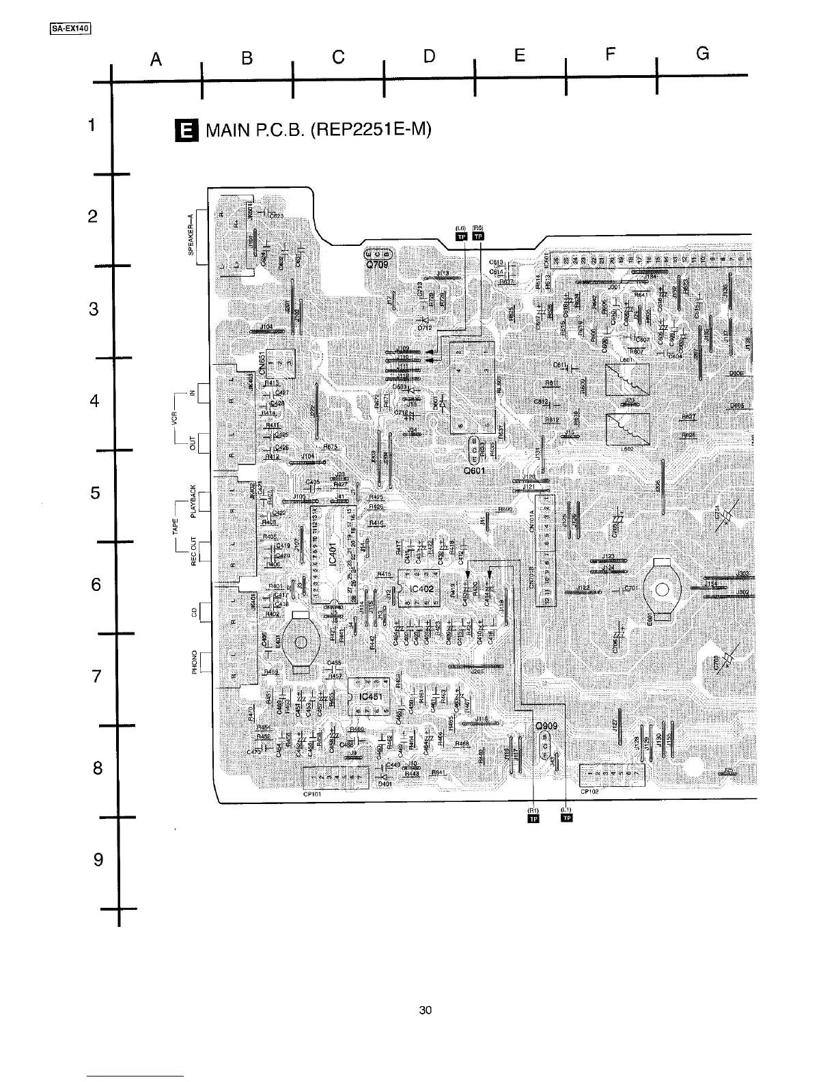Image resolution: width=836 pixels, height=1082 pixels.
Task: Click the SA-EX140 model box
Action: coord(71,28)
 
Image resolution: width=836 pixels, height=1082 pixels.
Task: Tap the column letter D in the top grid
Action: coord(429,56)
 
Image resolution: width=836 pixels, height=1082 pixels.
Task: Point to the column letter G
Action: coord(703,54)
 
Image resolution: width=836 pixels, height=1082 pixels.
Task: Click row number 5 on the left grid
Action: coord(95,493)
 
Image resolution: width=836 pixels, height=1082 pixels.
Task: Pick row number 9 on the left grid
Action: coord(97,859)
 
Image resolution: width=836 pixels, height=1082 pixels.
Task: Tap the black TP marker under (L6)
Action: coord(462,237)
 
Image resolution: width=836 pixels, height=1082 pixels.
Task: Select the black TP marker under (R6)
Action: coord(478,237)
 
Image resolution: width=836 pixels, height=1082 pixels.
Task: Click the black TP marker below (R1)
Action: coord(534,820)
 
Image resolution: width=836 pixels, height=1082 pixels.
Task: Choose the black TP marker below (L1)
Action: coord(566,820)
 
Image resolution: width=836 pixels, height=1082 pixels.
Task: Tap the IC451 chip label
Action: coord(370,696)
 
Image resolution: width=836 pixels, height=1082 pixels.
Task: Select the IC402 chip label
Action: coord(422,588)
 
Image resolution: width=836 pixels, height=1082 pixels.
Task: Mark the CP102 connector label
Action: coord(589,792)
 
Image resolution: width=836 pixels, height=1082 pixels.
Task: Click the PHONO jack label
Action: coord(195,662)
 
